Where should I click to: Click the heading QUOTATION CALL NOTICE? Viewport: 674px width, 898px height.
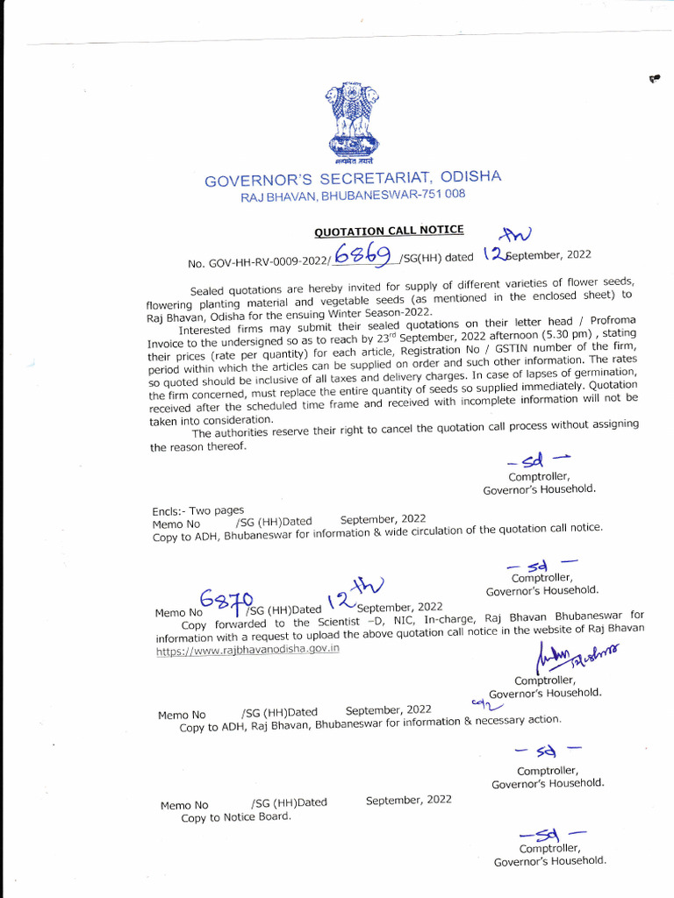389,231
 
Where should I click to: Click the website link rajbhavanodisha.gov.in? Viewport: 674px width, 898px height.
247,650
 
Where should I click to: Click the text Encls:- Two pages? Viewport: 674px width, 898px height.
198,510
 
